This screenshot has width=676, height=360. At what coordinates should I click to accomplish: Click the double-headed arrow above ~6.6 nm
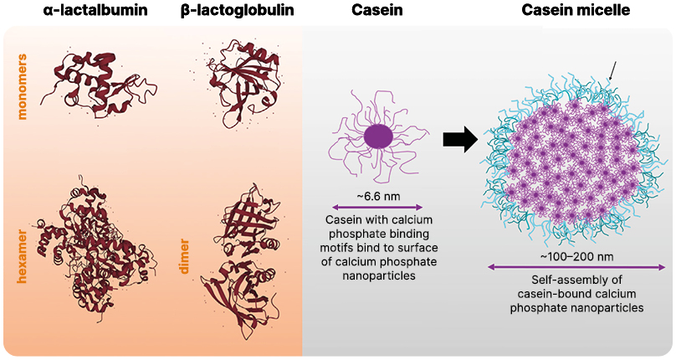pyautogui.click(x=378, y=207)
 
